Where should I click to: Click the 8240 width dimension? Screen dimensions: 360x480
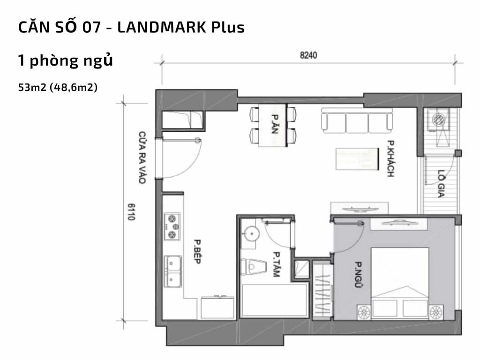(308, 55)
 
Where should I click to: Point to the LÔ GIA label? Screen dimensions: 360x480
(440, 183)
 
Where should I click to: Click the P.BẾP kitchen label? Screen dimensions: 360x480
(196, 252)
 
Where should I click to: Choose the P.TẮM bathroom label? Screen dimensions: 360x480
(275, 266)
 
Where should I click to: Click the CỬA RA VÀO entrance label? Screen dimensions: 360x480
(142, 157)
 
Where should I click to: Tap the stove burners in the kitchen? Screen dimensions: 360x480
(172, 226)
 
